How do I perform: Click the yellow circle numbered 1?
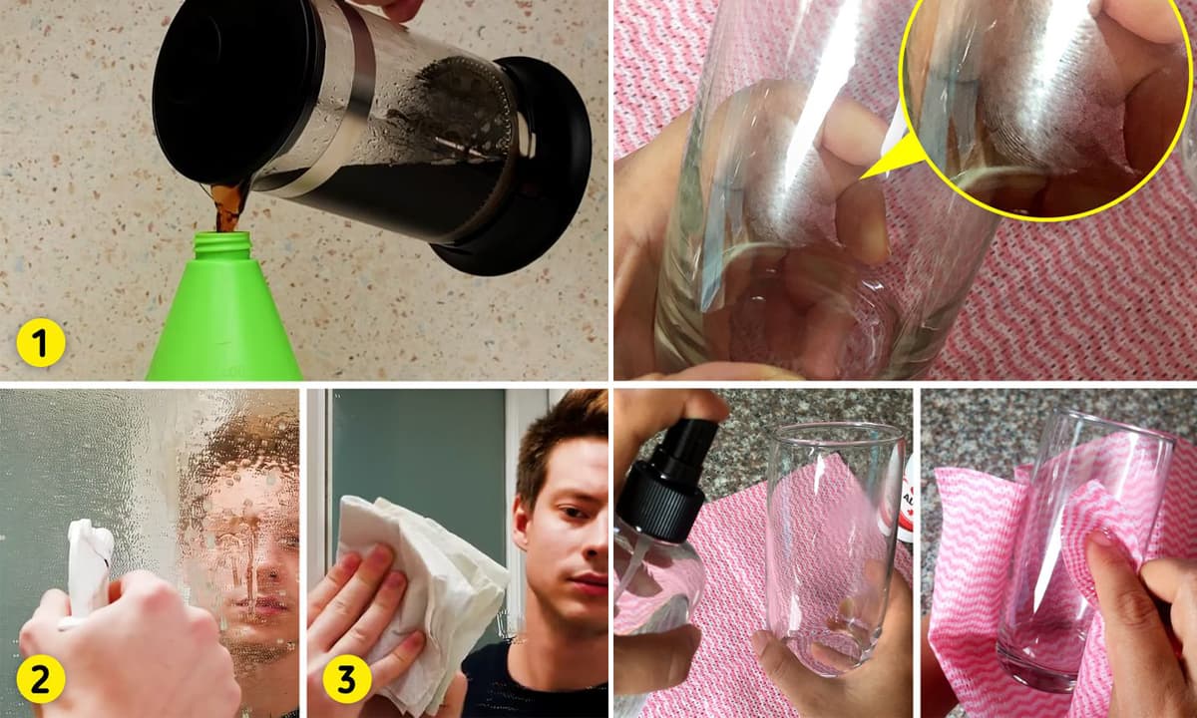[41, 342]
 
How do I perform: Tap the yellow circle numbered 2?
[41, 680]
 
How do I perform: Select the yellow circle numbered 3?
[347, 679]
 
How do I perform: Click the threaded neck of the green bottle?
[221, 245]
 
